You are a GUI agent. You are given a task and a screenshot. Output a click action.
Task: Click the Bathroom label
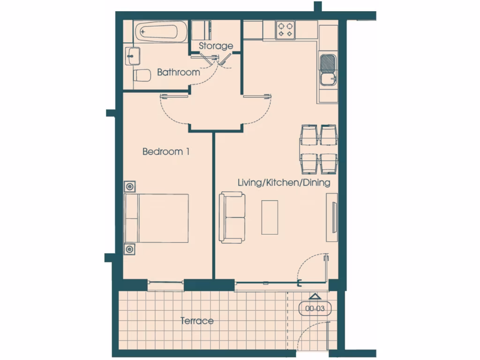coord(178,73)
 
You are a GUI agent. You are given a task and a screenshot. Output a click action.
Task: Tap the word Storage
coord(216,46)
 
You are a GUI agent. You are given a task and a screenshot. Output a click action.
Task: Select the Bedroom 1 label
coord(166,152)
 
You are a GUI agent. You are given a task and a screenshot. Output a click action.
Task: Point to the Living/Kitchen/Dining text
coord(284,183)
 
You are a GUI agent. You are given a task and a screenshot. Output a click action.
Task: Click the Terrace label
coord(197,321)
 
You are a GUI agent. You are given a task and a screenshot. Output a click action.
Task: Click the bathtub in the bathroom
coord(160,32)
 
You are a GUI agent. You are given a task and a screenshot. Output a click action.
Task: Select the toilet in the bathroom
coord(141,75)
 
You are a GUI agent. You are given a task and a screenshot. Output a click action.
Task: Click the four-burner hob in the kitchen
coord(285,30)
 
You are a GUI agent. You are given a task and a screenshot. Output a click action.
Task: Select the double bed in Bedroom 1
coord(157,218)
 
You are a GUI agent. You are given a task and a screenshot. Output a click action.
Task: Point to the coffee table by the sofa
coord(270,217)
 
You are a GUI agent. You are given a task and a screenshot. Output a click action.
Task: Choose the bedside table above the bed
coord(130,187)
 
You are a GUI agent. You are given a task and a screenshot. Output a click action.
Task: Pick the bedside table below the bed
coord(130,249)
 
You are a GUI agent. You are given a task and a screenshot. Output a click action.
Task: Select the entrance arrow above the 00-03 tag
coord(315,296)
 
